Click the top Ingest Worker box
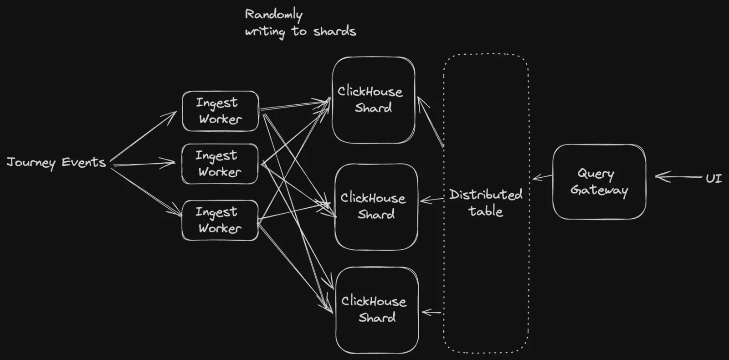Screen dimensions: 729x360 (x=221, y=111)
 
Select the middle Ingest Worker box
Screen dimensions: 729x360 (x=220, y=164)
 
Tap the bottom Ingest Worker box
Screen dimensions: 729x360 (x=220, y=221)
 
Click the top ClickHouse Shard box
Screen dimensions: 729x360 (x=374, y=100)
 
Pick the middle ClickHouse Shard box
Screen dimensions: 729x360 (x=376, y=207)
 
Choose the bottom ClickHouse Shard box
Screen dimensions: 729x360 (x=377, y=310)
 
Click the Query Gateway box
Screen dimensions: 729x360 (x=599, y=182)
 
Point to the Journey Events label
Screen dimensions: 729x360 (x=56, y=162)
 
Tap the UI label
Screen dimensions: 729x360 (x=714, y=178)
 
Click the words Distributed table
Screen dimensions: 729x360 (x=486, y=202)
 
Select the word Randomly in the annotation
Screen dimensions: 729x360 (x=274, y=15)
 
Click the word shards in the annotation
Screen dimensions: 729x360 (x=334, y=31)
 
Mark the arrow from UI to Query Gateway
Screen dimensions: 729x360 (x=678, y=177)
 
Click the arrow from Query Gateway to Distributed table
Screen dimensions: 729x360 (x=542, y=177)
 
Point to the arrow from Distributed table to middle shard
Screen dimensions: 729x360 (x=432, y=200)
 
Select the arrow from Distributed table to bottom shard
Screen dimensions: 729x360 (x=431, y=313)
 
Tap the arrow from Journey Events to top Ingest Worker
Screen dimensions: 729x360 (x=143, y=136)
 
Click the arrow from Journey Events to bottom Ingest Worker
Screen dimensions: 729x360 (x=146, y=192)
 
